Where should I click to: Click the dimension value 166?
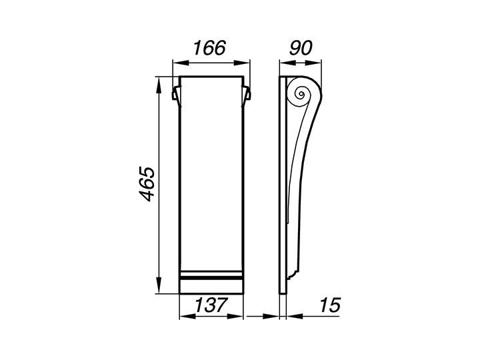click(x=209, y=48)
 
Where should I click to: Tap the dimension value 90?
click(x=300, y=48)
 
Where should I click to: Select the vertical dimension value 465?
click(x=146, y=184)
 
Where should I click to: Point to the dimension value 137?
click(x=211, y=305)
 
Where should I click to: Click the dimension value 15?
click(x=330, y=305)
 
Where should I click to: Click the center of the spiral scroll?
click(x=301, y=94)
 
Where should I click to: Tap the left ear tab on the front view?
click(x=176, y=93)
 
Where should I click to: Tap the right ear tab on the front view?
click(x=247, y=93)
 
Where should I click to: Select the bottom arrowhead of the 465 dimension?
click(x=159, y=285)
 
